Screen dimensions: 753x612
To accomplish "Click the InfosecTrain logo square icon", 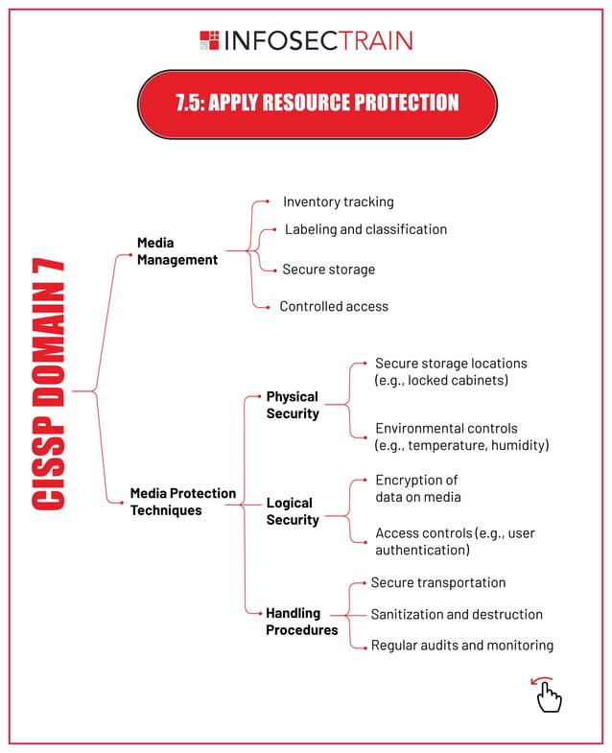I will [209, 39].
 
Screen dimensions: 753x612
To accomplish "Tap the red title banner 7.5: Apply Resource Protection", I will [318, 104].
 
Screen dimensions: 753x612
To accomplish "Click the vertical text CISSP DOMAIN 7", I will [48, 383].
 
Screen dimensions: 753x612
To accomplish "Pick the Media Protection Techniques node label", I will [182, 502].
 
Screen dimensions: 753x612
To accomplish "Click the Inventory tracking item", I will [338, 201].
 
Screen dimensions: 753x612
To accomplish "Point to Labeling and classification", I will [365, 229].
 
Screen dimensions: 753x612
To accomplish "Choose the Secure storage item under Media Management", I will [328, 270].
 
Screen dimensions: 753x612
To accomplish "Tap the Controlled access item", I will [334, 306].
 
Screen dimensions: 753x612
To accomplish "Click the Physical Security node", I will [292, 405].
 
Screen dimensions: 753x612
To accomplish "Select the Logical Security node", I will [292, 511].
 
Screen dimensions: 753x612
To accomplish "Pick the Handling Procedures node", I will [301, 622].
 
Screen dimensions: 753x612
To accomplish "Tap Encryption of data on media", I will [417, 488].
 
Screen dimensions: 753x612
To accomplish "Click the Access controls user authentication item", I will [454, 541].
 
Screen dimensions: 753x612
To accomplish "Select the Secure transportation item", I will [437, 582].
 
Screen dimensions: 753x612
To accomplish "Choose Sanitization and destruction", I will [457, 614].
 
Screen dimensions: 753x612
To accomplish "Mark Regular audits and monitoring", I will [461, 646].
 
